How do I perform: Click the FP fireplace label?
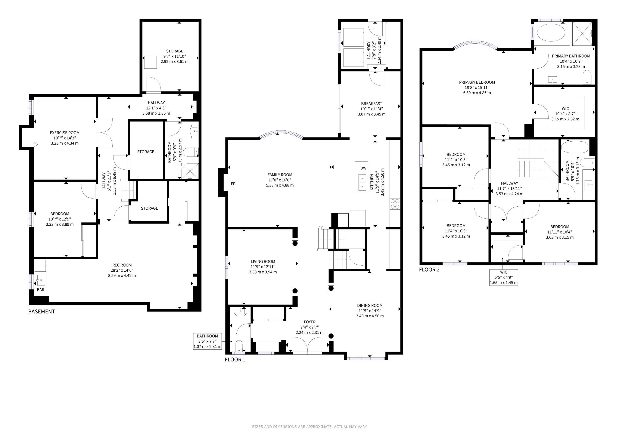point(233,184)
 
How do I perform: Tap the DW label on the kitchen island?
point(363,168)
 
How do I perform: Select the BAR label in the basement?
point(41,290)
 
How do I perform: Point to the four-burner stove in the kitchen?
point(395,204)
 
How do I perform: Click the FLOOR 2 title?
point(429,270)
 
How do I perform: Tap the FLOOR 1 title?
point(235,360)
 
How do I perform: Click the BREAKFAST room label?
point(371,104)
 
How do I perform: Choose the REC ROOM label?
point(122,265)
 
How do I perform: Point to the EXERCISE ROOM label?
point(65,133)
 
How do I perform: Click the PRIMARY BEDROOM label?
point(477,82)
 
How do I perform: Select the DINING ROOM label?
point(370,306)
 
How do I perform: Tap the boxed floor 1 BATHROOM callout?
point(207,341)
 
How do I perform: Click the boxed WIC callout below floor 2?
point(504,277)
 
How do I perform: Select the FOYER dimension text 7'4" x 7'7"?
point(310,327)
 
